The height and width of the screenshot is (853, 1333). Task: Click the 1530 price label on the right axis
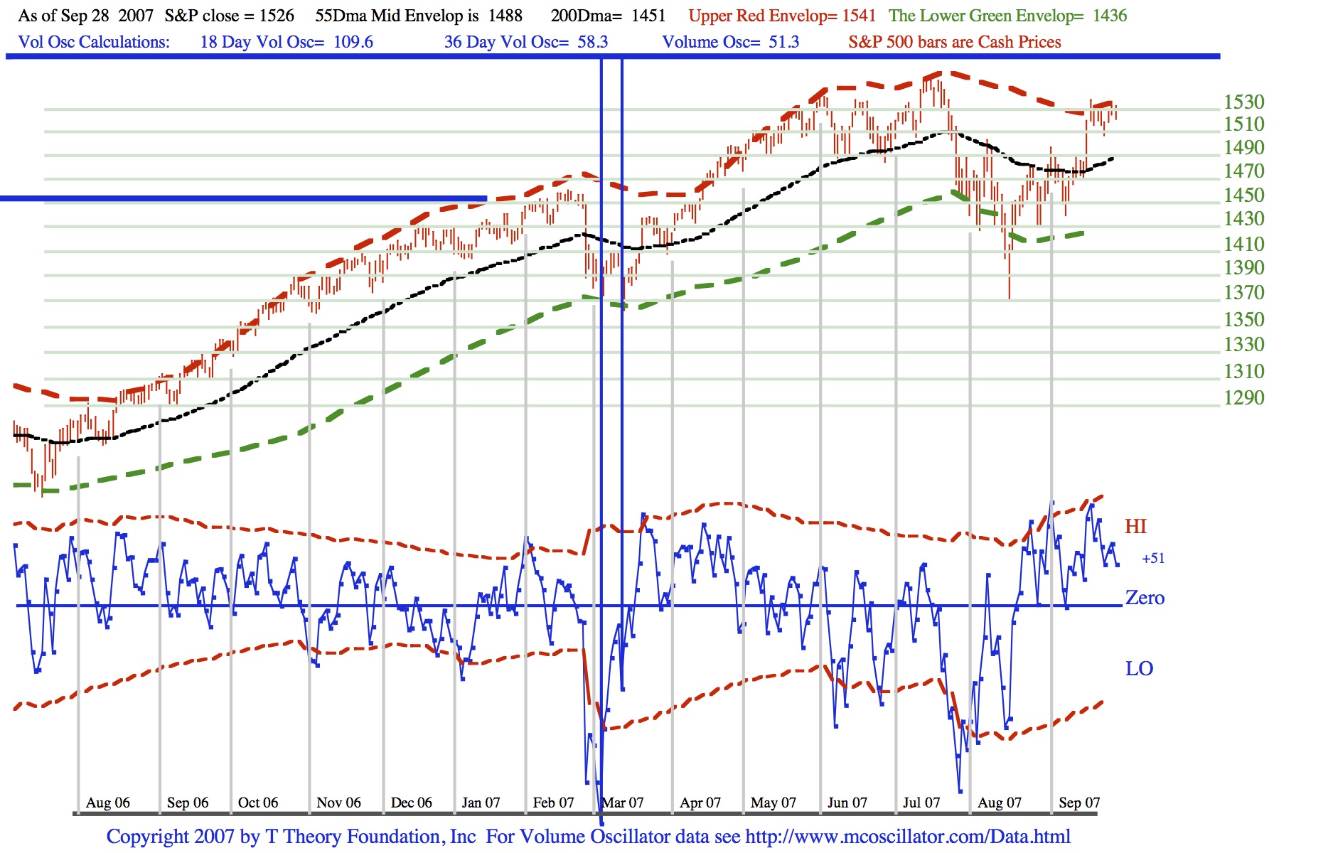[x=1243, y=102]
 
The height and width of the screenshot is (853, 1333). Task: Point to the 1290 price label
[x=1243, y=397]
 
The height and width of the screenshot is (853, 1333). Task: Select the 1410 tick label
[x=1243, y=244]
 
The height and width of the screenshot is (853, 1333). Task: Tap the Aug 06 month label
[x=108, y=803]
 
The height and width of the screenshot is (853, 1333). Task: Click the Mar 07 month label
[x=623, y=803]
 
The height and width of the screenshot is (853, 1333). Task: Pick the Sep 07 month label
[x=1079, y=803]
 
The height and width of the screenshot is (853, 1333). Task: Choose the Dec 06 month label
[x=412, y=803]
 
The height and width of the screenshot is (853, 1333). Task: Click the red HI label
[x=1135, y=527]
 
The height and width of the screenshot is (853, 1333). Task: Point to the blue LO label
[x=1139, y=669]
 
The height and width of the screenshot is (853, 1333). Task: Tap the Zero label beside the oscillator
[x=1145, y=598]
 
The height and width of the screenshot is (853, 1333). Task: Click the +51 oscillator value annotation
[x=1153, y=559]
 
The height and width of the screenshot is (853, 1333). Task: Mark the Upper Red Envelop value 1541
[x=859, y=16]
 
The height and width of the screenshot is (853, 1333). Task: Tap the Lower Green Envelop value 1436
[x=1110, y=16]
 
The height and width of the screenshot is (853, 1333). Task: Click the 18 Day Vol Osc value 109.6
[x=353, y=42]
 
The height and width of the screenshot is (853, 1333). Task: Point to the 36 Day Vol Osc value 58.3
[x=593, y=42]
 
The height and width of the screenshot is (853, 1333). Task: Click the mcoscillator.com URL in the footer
[x=908, y=837]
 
